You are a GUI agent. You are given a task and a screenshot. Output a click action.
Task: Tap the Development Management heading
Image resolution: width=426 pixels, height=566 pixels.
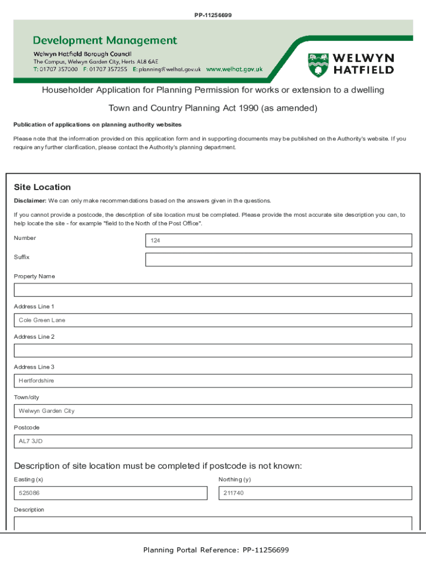point(105,40)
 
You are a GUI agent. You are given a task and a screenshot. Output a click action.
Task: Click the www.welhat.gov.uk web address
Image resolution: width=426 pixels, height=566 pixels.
point(234,70)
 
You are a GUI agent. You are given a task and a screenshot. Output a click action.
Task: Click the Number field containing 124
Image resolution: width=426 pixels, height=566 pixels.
point(278,240)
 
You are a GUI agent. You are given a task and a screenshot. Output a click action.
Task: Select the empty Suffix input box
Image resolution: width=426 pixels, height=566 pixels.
point(278,260)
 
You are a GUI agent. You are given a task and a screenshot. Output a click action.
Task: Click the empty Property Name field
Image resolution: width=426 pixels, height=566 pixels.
point(212,290)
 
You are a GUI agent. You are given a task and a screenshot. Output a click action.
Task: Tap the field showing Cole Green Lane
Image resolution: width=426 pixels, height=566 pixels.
point(212,321)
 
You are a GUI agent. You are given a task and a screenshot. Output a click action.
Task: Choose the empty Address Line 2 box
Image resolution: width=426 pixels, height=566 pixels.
point(212,350)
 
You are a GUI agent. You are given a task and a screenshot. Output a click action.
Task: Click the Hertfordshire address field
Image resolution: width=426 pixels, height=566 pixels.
point(212,381)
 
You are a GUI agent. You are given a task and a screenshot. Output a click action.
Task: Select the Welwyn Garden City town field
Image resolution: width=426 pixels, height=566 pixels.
point(212,411)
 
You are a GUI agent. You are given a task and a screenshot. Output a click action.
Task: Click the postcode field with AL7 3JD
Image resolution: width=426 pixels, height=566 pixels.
point(212,441)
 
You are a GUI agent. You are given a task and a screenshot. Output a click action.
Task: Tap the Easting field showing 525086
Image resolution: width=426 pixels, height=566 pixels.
point(110,493)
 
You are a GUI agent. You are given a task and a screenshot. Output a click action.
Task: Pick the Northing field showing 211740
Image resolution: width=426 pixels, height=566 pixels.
point(315,493)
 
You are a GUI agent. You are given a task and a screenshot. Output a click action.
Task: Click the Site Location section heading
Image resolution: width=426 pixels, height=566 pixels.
point(42,187)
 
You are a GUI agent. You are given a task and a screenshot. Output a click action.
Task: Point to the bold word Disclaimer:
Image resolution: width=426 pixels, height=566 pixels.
point(30,201)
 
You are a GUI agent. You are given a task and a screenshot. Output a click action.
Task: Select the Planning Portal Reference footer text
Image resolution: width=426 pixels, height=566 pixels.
point(216,550)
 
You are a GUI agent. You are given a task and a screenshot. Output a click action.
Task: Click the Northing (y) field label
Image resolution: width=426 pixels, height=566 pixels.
point(235,480)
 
